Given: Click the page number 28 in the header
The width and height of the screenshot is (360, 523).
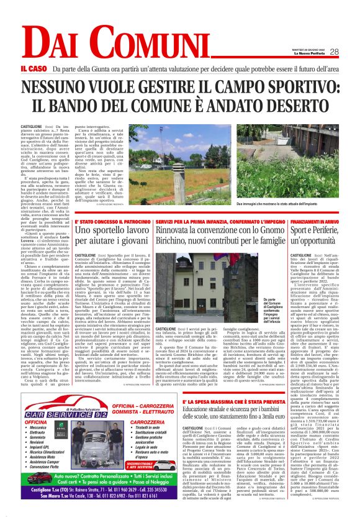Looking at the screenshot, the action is click(x=334, y=52).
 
